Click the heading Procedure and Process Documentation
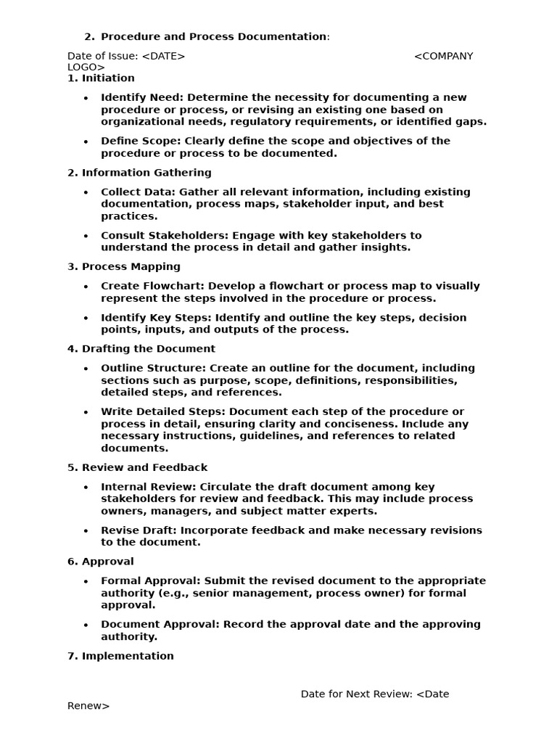[x=214, y=37]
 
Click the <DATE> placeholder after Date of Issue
[x=163, y=57]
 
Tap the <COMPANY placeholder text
[x=443, y=57]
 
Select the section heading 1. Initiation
[x=101, y=78]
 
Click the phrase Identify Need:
[x=141, y=98]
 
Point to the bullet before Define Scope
[x=86, y=141]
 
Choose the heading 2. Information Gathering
[x=139, y=173]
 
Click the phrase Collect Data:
[x=138, y=192]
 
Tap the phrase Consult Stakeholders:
[x=162, y=236]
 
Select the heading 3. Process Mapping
[x=124, y=267]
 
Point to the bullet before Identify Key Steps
[x=86, y=318]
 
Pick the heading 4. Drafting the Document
[x=141, y=349]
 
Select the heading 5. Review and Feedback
[x=137, y=468]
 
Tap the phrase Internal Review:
[x=148, y=487]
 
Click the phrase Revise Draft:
[x=139, y=530]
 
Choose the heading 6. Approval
[x=101, y=562]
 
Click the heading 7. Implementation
[x=120, y=656]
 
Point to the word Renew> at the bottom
[x=88, y=706]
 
